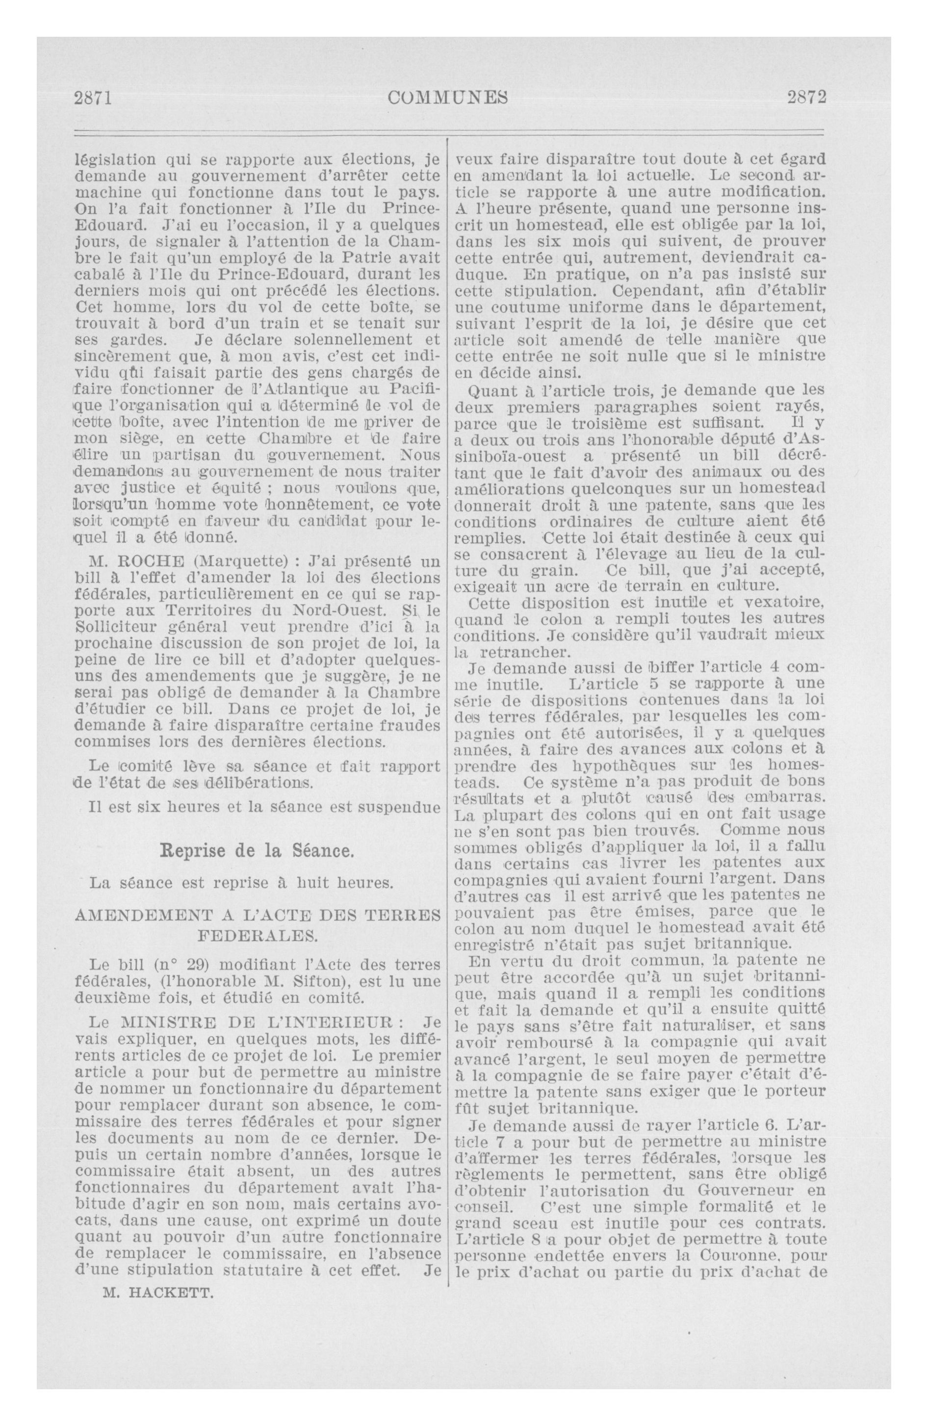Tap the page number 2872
click(807, 97)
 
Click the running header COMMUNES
click(448, 97)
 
